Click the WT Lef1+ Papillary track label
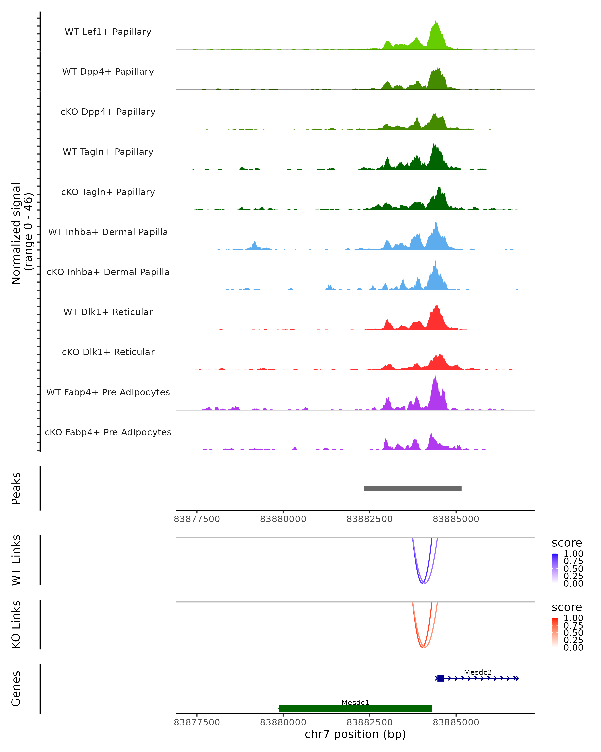click(x=108, y=32)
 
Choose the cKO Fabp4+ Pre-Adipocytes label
click(x=108, y=432)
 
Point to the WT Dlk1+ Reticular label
click(x=108, y=312)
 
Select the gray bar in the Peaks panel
click(x=412, y=488)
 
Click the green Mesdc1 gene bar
click(x=355, y=708)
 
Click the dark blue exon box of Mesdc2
click(x=441, y=678)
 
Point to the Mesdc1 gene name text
click(x=355, y=702)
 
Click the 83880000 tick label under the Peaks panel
click(x=283, y=519)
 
